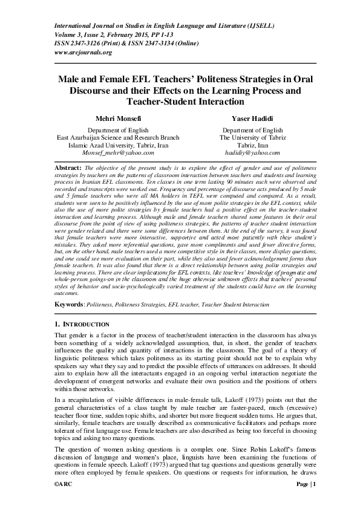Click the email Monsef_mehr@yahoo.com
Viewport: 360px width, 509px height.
pos(114,153)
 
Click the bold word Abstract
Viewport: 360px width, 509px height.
pos(67,166)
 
